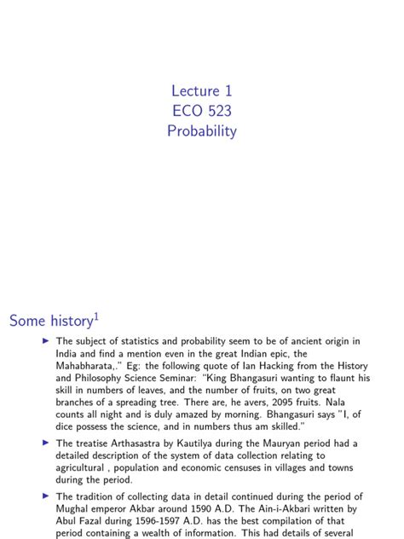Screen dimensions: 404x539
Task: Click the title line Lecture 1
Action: [201, 90]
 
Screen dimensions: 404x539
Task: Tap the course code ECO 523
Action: [201, 111]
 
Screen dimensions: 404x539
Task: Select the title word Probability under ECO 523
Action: [201, 131]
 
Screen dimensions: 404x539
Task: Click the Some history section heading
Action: [50, 322]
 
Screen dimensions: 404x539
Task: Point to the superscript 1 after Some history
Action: [96, 316]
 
